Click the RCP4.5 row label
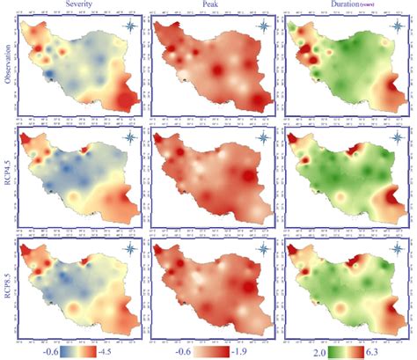pyautogui.click(x=10, y=181)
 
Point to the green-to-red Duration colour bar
pyautogui.click(x=342, y=349)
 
